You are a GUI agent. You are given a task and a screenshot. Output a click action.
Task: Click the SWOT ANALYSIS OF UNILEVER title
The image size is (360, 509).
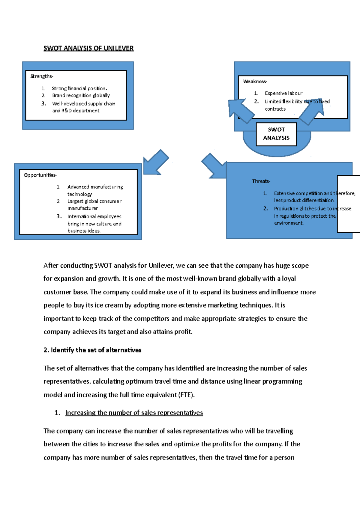click(88, 48)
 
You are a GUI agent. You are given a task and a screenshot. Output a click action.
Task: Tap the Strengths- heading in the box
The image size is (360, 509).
click(41, 76)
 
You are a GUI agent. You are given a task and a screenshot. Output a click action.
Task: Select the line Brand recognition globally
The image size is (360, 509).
click(81, 95)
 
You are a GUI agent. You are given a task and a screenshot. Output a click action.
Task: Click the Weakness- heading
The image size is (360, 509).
click(255, 81)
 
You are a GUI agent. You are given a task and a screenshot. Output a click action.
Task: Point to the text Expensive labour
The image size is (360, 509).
click(283, 93)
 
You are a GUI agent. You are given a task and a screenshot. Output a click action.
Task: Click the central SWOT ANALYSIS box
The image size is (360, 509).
click(276, 134)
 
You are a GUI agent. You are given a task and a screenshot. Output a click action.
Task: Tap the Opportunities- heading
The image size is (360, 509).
click(40, 175)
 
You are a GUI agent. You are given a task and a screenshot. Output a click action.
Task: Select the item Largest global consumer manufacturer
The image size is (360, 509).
click(94, 204)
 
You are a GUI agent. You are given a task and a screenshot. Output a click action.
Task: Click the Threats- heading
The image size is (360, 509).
click(261, 181)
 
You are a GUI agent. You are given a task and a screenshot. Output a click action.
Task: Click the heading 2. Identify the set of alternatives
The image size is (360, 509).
click(92, 350)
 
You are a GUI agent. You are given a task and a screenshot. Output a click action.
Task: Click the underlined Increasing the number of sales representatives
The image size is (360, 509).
click(134, 413)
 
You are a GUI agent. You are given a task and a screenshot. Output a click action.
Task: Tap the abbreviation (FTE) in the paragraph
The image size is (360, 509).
click(186, 395)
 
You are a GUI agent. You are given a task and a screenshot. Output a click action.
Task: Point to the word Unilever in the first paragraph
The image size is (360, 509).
click(161, 266)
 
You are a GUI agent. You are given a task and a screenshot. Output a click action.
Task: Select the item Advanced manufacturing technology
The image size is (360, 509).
click(95, 190)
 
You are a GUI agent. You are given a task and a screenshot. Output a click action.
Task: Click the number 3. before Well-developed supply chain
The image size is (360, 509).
click(44, 103)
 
